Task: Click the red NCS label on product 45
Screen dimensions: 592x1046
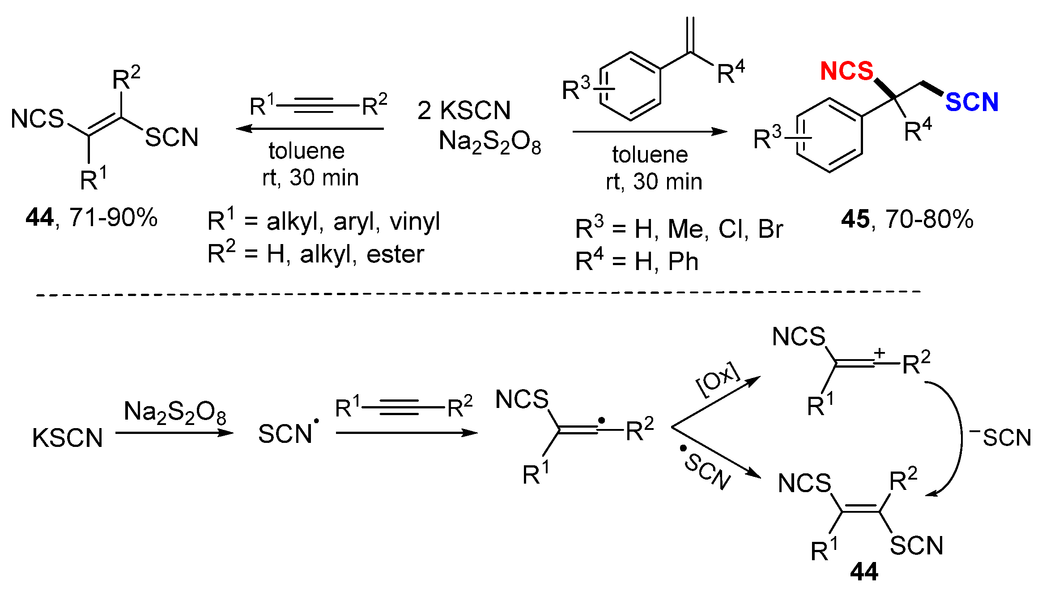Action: tap(846, 71)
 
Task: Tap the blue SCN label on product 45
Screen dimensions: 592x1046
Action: tap(972, 103)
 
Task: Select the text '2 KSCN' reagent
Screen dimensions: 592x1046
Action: tap(464, 111)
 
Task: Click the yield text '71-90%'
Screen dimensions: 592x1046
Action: tap(113, 218)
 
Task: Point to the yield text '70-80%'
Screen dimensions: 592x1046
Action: tap(929, 219)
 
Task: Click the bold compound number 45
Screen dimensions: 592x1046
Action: tap(855, 219)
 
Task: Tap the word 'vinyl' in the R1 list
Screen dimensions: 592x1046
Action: tap(415, 222)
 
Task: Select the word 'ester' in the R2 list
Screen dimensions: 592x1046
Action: tap(395, 255)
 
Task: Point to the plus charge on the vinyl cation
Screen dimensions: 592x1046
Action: tap(879, 353)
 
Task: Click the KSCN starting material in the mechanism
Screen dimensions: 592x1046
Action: tap(68, 438)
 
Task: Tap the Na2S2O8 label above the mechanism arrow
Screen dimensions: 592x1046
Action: tap(175, 412)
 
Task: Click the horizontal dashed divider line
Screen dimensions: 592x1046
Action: tap(479, 294)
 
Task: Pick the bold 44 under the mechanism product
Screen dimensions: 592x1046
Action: tap(864, 572)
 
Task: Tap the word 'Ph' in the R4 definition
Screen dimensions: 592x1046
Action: tap(683, 262)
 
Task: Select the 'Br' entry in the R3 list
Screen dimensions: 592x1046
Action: tap(770, 229)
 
